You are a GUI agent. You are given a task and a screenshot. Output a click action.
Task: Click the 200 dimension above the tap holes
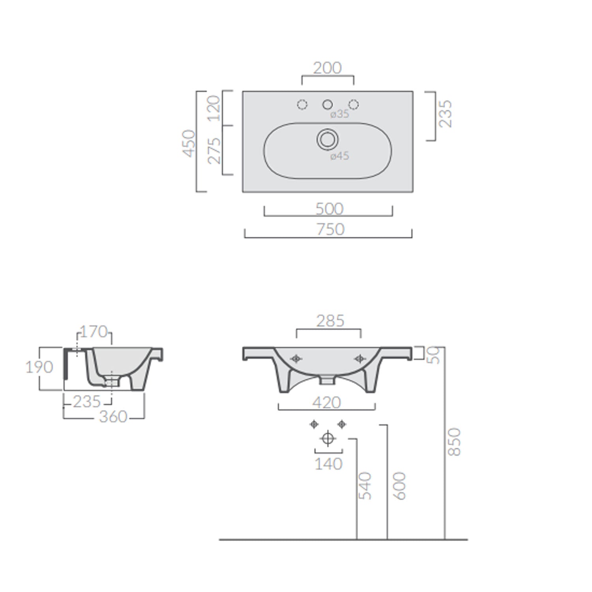(x=327, y=68)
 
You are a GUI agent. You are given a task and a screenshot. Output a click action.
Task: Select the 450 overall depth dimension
(x=189, y=143)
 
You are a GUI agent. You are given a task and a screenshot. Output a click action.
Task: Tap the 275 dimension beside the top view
(x=214, y=150)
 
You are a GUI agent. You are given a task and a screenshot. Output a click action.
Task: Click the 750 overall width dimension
(x=330, y=229)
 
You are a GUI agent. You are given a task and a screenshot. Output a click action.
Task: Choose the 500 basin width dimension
(x=329, y=209)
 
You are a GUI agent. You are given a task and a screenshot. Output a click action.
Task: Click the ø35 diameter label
(x=339, y=114)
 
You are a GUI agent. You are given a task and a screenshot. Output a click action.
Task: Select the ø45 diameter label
(x=339, y=156)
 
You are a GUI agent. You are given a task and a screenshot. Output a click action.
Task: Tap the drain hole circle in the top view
(x=327, y=139)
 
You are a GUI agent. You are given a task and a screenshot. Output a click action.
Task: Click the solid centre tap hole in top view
(x=327, y=105)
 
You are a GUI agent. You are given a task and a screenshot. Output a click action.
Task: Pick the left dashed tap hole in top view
(x=302, y=105)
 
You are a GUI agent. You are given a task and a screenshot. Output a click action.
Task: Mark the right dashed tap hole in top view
(x=354, y=105)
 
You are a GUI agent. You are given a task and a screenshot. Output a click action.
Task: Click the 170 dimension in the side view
(x=94, y=332)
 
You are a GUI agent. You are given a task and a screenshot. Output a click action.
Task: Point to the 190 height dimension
(x=39, y=367)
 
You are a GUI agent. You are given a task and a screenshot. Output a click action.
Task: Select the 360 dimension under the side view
(x=113, y=417)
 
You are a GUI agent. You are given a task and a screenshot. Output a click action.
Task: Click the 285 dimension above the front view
(x=330, y=321)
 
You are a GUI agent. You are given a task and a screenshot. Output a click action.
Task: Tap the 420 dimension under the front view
(x=326, y=403)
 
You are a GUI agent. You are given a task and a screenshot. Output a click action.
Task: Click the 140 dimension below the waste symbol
(x=328, y=464)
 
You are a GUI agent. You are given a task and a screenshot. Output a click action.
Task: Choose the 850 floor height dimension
(x=454, y=442)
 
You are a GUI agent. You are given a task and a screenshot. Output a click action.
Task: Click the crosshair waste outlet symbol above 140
(x=328, y=438)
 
